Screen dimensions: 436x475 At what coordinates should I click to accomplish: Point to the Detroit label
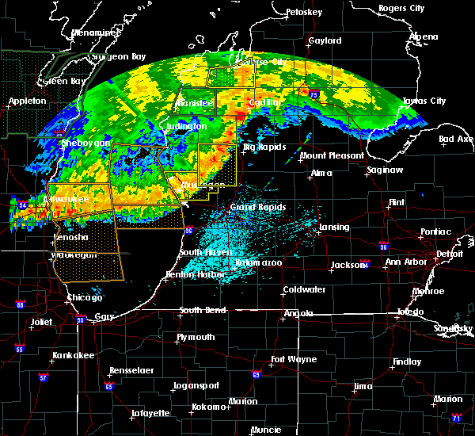coord(449,254)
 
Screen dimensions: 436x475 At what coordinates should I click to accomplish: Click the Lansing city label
coord(333,228)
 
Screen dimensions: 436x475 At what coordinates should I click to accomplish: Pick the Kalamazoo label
coord(259,262)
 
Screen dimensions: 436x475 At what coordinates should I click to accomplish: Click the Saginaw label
coord(386,170)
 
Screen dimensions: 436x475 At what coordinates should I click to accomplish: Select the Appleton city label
coord(28,101)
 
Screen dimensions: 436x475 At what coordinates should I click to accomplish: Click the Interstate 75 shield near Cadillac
coord(314,95)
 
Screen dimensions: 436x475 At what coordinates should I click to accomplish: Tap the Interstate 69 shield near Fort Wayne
coord(256,375)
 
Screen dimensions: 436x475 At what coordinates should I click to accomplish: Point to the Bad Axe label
coord(456,140)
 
